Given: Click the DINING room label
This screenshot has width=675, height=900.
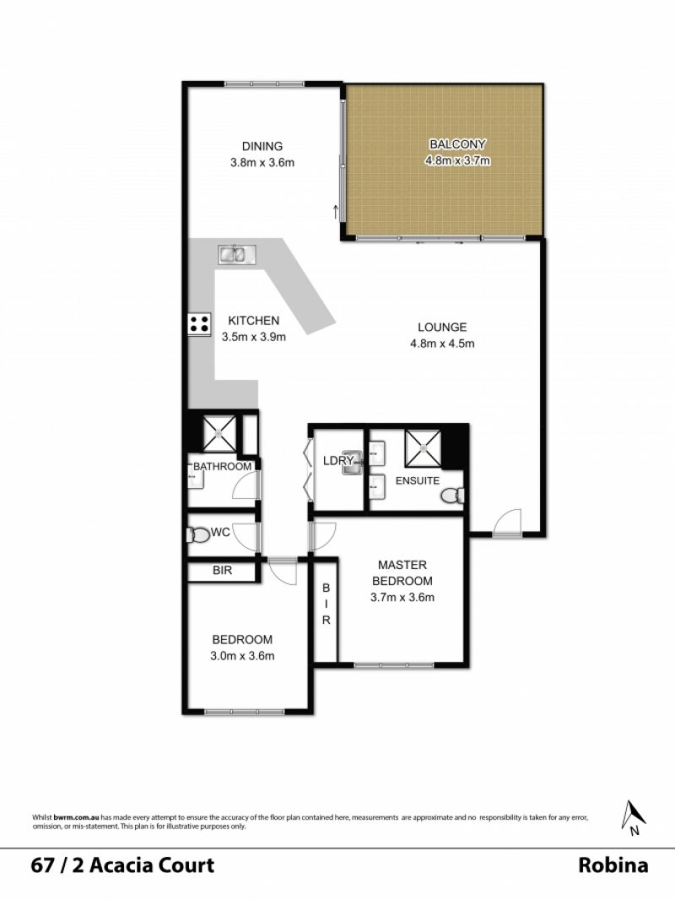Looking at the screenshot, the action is coord(262,146).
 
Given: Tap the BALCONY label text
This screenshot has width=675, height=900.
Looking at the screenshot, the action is coord(457,144).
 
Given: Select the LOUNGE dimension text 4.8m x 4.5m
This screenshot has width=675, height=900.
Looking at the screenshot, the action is coord(442,344).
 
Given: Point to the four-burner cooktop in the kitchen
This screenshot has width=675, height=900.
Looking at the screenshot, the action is coord(200,323).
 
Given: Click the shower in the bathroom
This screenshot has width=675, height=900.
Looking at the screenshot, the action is coord(219,433).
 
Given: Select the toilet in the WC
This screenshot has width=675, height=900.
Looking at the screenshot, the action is coord(197,535).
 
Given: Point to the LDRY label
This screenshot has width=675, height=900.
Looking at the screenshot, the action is coord(337,460).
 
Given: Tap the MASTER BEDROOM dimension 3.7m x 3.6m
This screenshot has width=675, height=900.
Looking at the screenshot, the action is coord(402,597).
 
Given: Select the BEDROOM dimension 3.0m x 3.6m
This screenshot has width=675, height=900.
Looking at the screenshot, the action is coord(242,655).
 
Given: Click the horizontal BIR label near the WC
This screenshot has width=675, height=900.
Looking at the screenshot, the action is coord(223,570).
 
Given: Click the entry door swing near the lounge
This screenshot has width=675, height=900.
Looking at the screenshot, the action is coord(507,523).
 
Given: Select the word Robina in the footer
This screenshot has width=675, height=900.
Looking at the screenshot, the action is coord(613,865).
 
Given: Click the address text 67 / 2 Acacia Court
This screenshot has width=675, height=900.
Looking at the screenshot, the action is coord(122,865).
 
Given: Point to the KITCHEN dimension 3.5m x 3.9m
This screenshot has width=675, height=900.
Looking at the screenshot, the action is coord(253,337).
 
